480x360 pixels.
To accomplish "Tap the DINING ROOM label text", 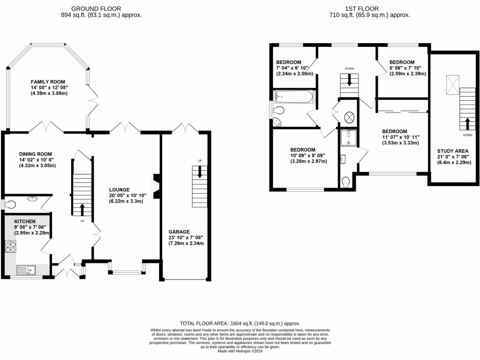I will point(35,154).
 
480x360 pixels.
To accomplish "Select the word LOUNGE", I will point(119,189).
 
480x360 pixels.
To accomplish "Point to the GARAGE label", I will point(179,232).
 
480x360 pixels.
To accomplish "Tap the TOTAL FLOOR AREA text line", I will point(240,323).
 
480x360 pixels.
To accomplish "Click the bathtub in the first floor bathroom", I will point(293,98).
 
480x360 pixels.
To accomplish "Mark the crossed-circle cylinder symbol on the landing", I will point(350,118).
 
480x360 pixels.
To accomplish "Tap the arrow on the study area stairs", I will point(467,123).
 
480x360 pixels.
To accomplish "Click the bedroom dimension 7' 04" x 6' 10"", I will point(294,68).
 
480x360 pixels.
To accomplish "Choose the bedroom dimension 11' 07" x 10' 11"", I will point(400,137).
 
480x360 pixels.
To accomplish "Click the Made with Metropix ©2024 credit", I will point(240,351).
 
